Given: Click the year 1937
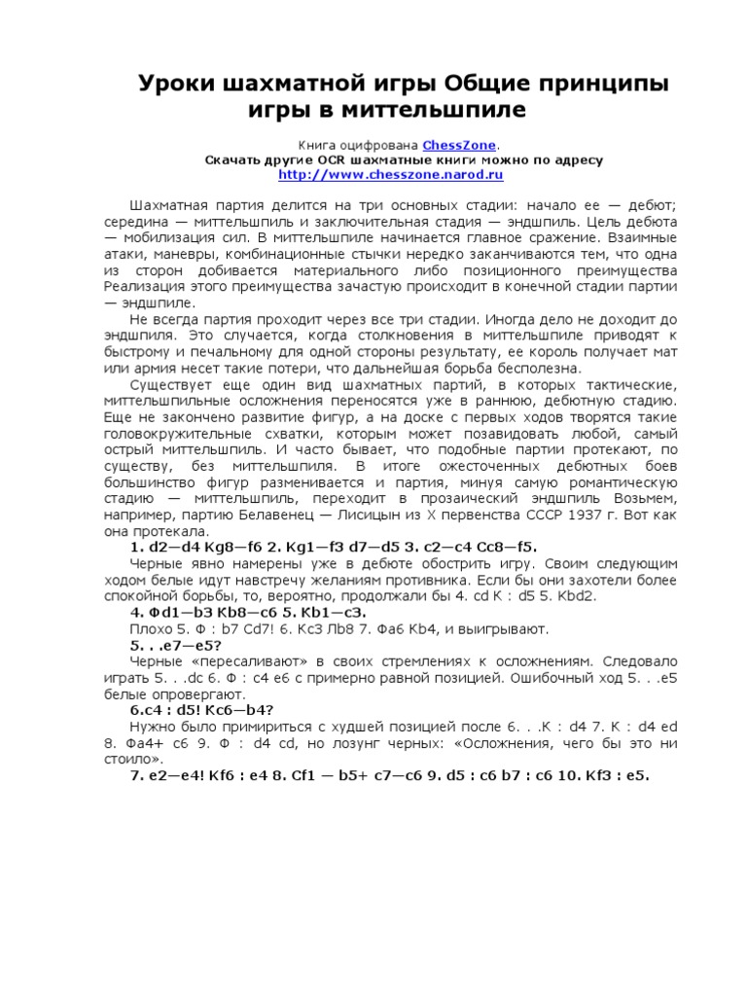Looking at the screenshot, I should point(571,515).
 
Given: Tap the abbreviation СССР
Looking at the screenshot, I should point(531,515).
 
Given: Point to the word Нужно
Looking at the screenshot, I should point(152,727).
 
